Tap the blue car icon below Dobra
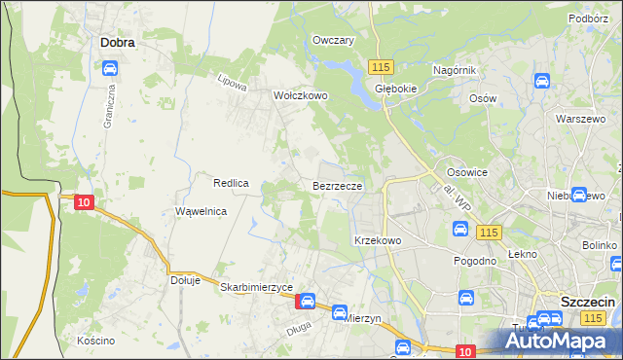coord(110,68)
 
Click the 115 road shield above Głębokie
coord(381,65)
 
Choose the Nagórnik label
coord(454,70)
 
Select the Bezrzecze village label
coord(338,185)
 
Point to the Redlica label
coord(233,182)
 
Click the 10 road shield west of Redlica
coord(83,202)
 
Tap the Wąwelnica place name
coord(201,211)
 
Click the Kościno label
coord(96,341)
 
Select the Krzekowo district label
coord(378,239)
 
